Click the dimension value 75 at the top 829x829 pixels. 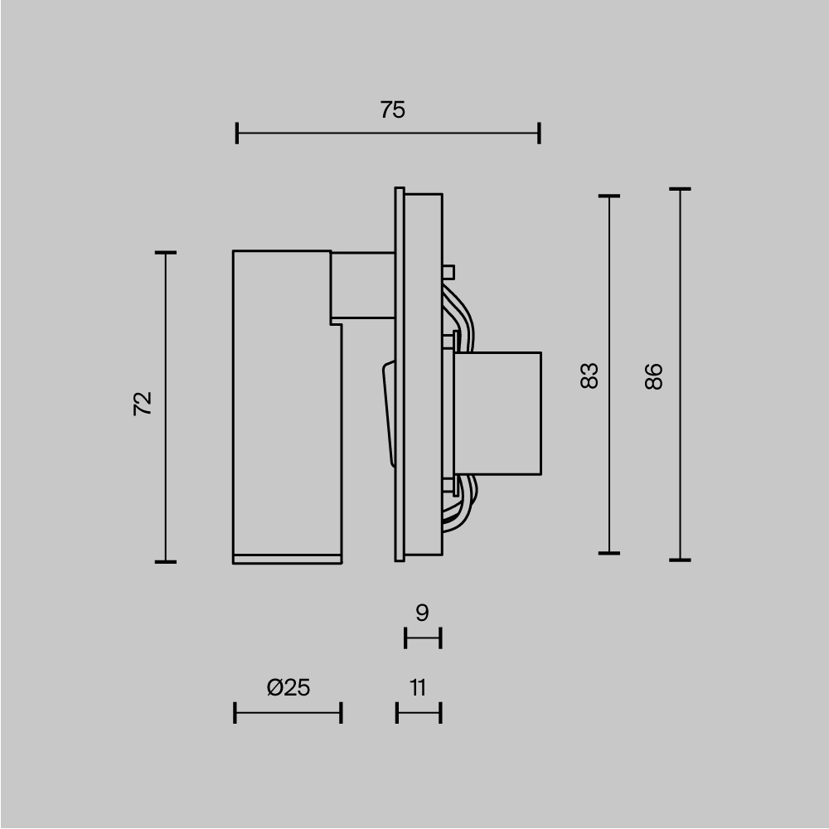click(393, 109)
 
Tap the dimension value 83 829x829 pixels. click(589, 376)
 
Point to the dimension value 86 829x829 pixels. click(654, 376)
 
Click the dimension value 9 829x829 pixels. click(422, 613)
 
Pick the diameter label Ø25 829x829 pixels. click(288, 686)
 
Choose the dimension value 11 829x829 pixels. click(418, 686)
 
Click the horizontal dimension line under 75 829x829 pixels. click(388, 133)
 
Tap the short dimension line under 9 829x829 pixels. click(423, 638)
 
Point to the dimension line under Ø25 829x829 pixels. click(288, 712)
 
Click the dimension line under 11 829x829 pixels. click(419, 712)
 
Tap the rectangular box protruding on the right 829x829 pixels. click(497, 414)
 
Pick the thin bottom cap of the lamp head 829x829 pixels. click(287, 558)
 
